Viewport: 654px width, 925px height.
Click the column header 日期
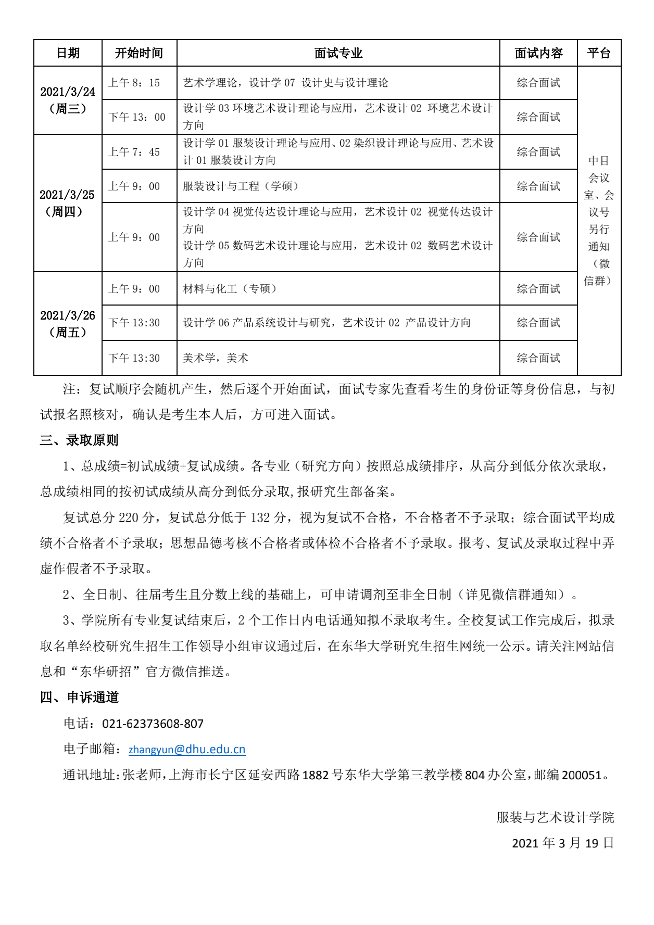[68, 53]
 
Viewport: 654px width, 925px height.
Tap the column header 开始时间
[139, 53]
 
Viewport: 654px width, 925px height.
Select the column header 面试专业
[338, 53]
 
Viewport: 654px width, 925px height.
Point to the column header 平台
[599, 53]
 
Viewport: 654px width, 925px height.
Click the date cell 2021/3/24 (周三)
[68, 100]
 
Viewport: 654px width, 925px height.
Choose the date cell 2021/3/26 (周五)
[68, 324]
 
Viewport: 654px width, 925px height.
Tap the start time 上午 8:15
[134, 83]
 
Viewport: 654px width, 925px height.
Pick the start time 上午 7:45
[134, 152]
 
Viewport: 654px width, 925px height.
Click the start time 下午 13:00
[136, 117]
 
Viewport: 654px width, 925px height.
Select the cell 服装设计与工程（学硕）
[241, 186]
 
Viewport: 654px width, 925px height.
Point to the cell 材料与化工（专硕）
[230, 289]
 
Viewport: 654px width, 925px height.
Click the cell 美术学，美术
[216, 358]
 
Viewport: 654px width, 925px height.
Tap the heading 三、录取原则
[79, 440]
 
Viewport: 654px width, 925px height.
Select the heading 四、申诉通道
[79, 698]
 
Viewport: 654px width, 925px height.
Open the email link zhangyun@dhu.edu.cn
[187, 750]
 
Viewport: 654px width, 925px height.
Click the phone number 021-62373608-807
[153, 724]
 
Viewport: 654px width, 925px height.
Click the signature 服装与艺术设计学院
[555, 817]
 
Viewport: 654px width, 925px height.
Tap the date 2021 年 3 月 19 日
[563, 843]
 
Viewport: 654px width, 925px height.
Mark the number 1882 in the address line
[316, 776]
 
